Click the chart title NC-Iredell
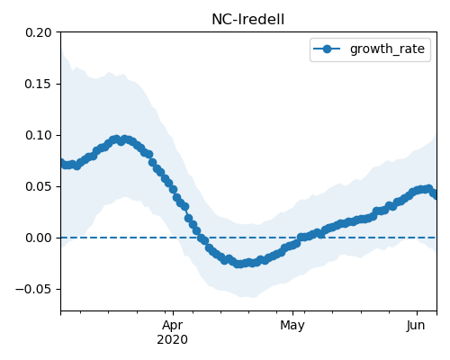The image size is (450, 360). point(247,20)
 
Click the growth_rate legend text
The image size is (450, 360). point(387,49)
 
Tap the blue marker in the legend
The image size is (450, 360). point(327,49)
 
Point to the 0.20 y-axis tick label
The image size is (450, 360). point(39,32)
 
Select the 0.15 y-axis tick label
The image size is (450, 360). point(39,84)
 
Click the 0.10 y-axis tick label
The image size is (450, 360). point(39,135)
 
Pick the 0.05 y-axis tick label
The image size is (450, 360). point(39,186)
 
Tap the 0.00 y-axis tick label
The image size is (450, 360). point(39,238)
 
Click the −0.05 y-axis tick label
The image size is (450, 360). point(33,289)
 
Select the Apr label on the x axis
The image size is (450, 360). point(173,325)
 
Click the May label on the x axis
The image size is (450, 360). point(292,325)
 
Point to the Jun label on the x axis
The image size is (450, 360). point(416,325)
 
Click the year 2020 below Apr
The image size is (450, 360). point(173,339)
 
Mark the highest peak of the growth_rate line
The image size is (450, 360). point(116,139)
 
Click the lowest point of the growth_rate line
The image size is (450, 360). point(238,264)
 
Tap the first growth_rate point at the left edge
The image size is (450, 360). point(61,162)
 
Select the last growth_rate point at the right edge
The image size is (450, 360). point(435,195)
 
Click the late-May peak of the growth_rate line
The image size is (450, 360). point(429,189)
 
